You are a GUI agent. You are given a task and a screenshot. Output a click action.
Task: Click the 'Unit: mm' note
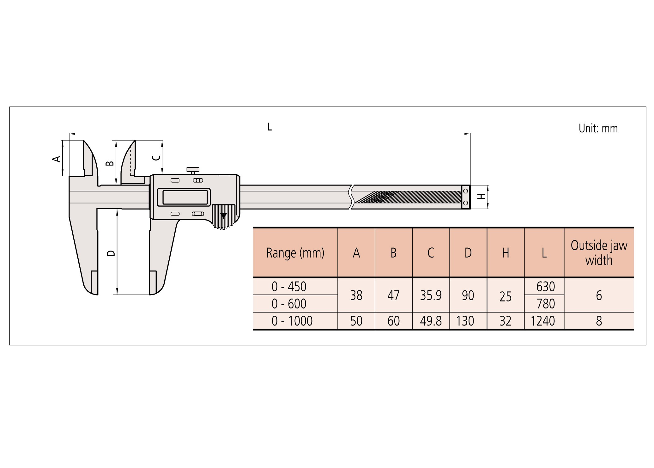pos(598,128)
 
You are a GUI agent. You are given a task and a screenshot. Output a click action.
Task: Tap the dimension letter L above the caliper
pos(269,127)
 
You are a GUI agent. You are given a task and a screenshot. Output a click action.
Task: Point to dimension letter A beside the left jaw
pos(56,159)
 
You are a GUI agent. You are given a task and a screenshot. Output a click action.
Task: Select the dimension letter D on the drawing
pos(111,253)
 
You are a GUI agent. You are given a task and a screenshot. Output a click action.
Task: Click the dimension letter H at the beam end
pos(481,197)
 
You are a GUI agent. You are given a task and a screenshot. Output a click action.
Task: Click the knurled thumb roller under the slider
pos(223,216)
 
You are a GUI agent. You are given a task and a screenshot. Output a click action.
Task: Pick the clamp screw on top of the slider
pos(193,170)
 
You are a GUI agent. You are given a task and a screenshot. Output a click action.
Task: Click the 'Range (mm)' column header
pos(295,253)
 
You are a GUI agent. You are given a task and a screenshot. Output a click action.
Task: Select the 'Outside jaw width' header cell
pos(599,253)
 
